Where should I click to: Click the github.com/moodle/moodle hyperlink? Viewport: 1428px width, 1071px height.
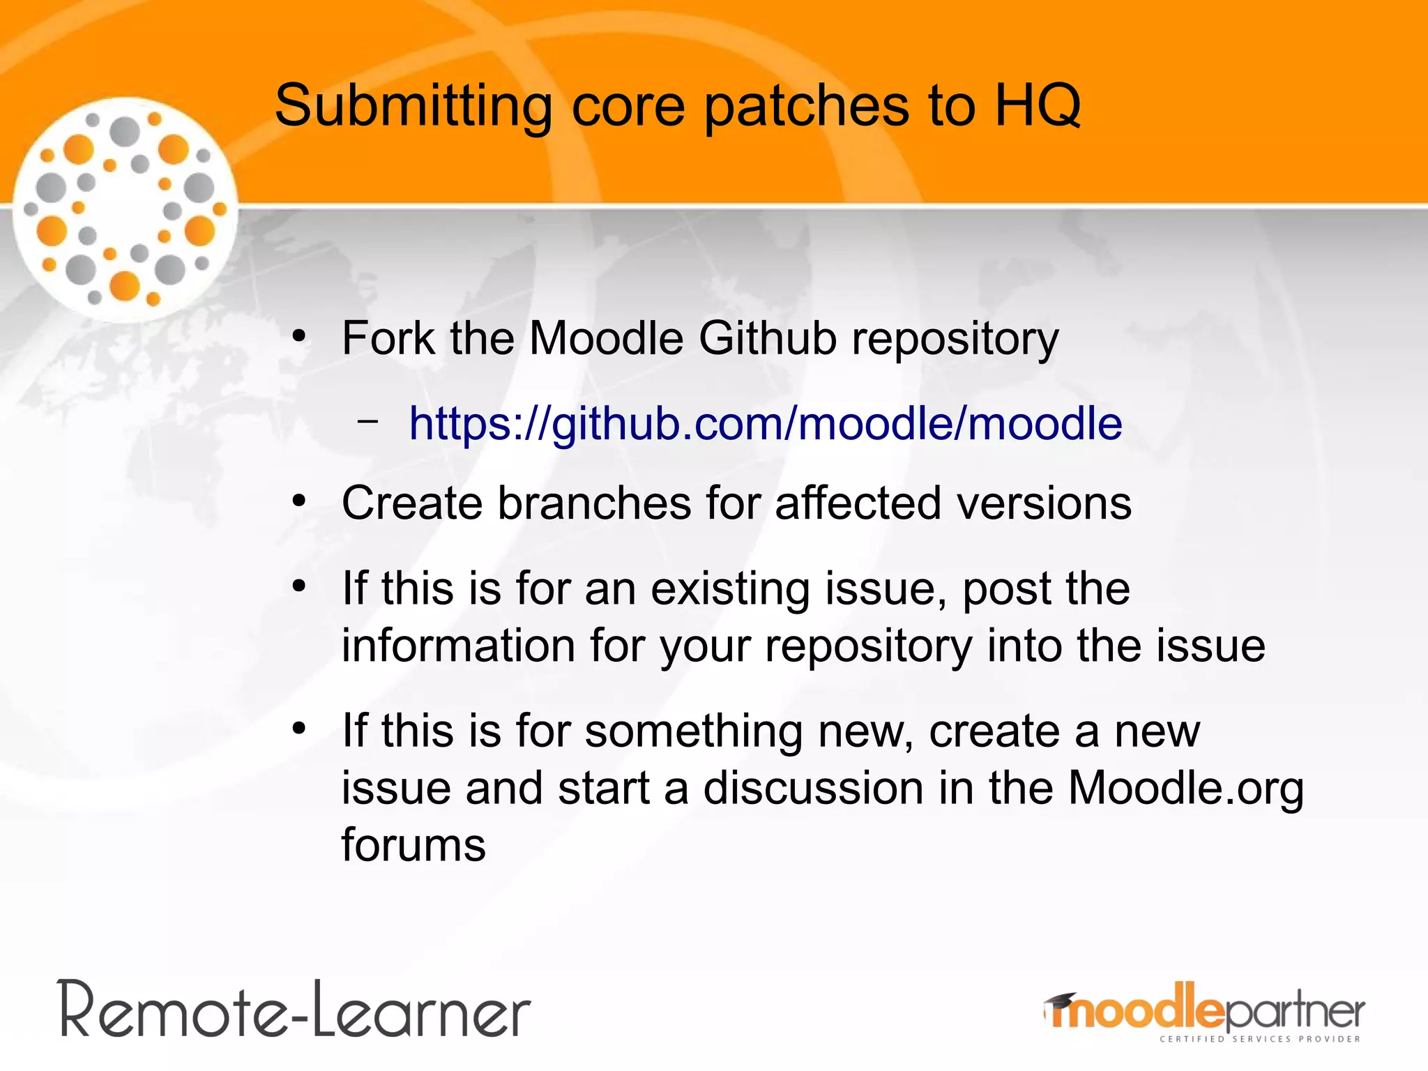[x=765, y=423]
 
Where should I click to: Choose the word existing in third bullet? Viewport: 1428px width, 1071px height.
[x=730, y=589]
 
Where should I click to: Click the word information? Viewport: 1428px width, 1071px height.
[x=458, y=646]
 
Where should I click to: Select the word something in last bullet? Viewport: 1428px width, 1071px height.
[x=693, y=731]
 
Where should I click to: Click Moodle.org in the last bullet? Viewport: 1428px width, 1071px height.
[x=1185, y=788]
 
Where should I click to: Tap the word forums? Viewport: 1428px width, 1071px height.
[x=413, y=845]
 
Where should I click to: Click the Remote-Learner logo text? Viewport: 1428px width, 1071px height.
[x=296, y=1010]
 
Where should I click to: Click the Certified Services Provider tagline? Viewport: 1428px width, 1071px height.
[x=1259, y=1040]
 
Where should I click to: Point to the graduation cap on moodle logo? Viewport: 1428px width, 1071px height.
[x=1059, y=1002]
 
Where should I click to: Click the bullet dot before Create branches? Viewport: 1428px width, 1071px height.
[x=299, y=501]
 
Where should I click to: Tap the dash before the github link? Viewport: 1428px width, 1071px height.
[x=367, y=421]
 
